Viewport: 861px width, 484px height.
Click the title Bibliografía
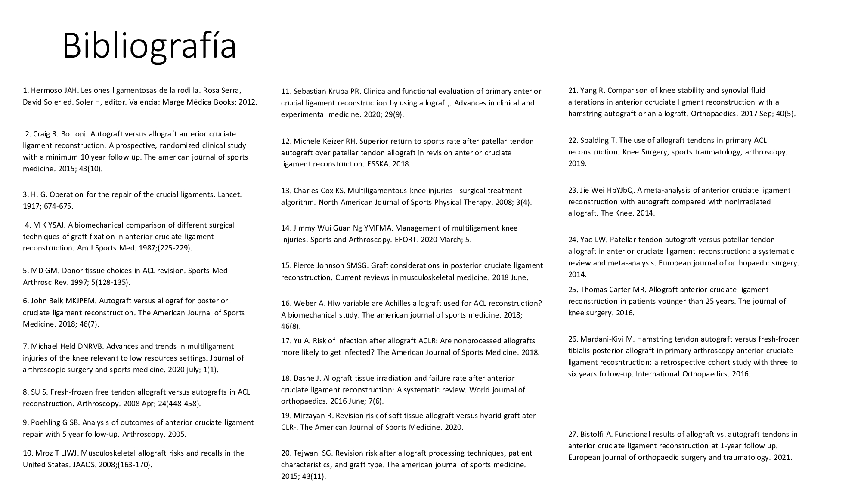tap(149, 46)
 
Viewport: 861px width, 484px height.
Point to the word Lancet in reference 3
tap(230, 194)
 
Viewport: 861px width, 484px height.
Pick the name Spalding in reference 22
tap(595, 140)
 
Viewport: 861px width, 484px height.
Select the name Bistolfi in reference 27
tap(592, 434)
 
